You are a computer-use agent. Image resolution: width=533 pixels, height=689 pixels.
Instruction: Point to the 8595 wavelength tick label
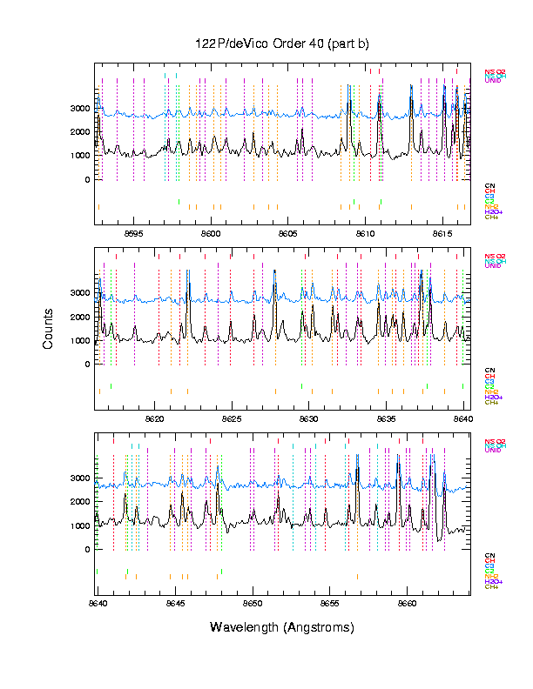[134, 233]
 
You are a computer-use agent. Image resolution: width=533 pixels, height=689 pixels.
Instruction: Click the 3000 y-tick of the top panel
[80, 109]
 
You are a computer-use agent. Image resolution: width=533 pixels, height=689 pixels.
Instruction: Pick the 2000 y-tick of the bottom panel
[80, 502]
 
